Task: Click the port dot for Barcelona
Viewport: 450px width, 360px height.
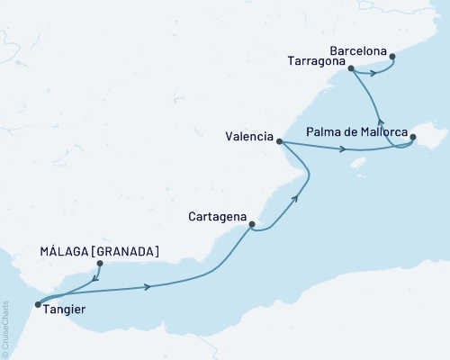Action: click(393, 58)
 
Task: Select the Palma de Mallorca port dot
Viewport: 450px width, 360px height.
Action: click(413, 138)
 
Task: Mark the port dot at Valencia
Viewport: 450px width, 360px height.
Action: click(280, 141)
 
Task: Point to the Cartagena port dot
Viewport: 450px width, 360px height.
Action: click(252, 224)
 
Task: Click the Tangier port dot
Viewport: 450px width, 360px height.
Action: click(36, 304)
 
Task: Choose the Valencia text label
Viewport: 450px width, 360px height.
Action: click(249, 137)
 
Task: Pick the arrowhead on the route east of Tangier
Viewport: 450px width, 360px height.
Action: click(147, 287)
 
